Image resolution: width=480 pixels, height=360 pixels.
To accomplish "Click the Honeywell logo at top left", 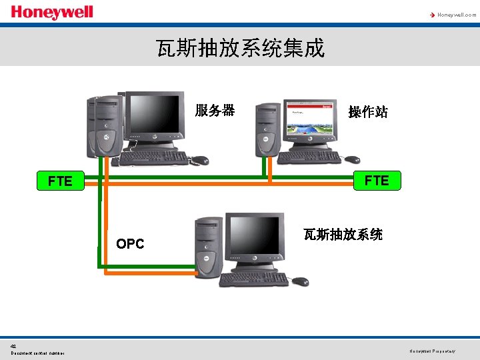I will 51,13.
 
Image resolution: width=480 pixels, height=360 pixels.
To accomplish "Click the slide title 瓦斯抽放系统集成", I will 240,48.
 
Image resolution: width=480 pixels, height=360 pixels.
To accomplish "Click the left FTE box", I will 60,181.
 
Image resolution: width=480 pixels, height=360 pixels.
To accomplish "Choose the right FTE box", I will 377,181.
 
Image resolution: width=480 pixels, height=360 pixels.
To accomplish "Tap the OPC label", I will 130,244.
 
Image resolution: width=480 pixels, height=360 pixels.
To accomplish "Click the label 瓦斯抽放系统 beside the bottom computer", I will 343,235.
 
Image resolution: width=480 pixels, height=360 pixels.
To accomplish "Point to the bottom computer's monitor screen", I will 253,239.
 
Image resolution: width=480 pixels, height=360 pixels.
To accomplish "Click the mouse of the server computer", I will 199,160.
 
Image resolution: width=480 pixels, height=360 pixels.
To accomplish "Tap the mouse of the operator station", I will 352,159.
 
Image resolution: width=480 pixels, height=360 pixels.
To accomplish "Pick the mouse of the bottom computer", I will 301,281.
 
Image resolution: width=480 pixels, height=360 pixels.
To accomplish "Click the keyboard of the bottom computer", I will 253,279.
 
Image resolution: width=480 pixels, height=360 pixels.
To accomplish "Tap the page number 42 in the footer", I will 13,345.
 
